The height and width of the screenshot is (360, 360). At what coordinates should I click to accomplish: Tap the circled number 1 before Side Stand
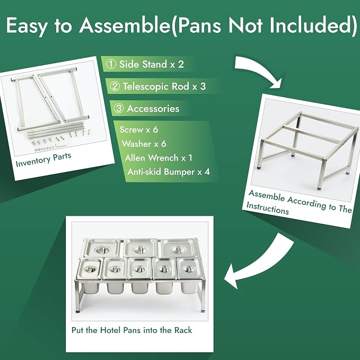coord(111,64)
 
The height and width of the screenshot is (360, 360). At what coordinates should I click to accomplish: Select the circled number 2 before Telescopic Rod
coord(115,86)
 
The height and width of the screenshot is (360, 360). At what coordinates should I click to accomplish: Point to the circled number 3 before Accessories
coord(119,109)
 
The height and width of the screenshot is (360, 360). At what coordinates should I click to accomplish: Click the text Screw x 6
coord(139,130)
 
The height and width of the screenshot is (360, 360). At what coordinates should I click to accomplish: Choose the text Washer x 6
coord(144,144)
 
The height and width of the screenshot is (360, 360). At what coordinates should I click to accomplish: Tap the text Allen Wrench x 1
coord(159,158)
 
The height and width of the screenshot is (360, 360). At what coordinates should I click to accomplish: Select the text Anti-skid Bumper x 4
coord(169,172)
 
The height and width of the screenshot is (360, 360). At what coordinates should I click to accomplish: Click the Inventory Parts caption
coord(43,160)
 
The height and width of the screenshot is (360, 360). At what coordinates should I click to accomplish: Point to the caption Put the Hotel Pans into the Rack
coord(132,330)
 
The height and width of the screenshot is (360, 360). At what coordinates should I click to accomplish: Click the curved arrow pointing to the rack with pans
coord(259,264)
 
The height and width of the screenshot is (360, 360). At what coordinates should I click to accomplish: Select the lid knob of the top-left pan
coord(102,250)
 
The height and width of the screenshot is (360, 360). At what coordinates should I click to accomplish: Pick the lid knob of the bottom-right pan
coord(188,269)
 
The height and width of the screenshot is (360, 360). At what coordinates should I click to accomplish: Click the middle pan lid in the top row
coord(141,248)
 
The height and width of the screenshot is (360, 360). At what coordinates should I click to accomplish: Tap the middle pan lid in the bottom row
coord(139,269)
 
